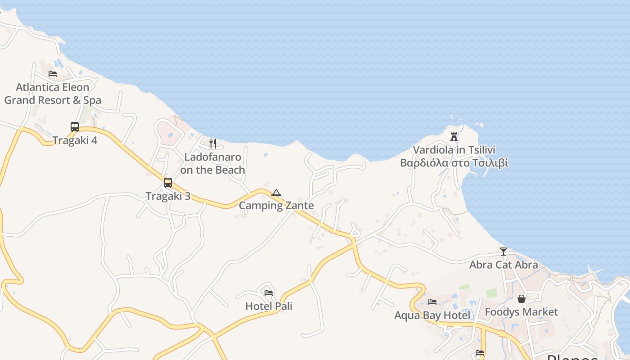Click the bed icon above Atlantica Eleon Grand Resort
[x=53, y=74]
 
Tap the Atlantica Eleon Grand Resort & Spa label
[x=53, y=94]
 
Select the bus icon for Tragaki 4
[x=75, y=127]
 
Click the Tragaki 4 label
[x=75, y=140]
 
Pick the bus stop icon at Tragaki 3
[x=168, y=183]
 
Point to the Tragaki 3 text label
[x=168, y=196]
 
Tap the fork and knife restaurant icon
[x=213, y=144]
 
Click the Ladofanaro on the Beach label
[x=213, y=163]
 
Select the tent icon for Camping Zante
[x=276, y=193]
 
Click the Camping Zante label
[x=276, y=206]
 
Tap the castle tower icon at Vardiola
[x=454, y=136]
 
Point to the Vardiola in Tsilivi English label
[x=454, y=150]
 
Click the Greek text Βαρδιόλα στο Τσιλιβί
[x=454, y=162]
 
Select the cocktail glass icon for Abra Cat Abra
[x=504, y=251]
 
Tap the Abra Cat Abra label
[x=504, y=265]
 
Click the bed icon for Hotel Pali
[x=269, y=292]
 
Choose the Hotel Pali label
[x=269, y=306]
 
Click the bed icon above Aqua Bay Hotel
[x=432, y=301]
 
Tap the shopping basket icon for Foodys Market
[x=521, y=299]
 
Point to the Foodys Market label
[x=521, y=312]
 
